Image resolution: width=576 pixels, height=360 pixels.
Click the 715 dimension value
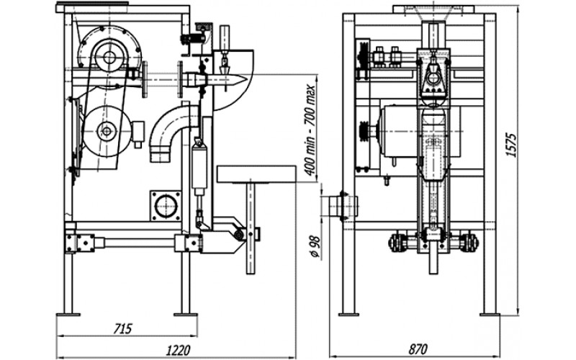122,328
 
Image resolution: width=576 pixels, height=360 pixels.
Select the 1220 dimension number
179,349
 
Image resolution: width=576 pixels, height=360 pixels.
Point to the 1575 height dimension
511,145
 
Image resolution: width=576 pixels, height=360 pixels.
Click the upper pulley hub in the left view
109,58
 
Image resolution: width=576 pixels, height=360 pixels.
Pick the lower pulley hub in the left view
107,131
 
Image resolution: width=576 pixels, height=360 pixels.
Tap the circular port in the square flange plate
166,206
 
